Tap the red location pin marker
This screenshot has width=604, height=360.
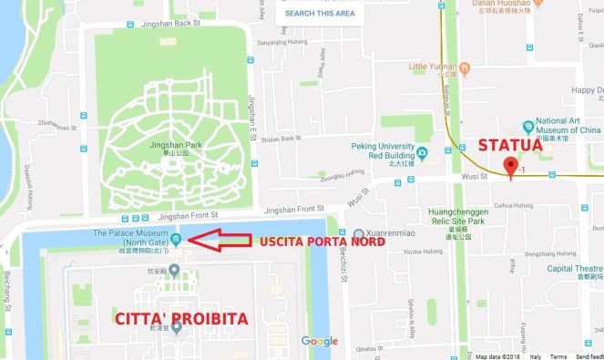[x=511, y=167]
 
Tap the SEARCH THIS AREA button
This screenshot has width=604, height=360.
[x=319, y=14]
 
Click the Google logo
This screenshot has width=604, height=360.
[x=320, y=342]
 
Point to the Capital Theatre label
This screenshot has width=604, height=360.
[x=576, y=268]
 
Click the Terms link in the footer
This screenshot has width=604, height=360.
[x=558, y=355]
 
